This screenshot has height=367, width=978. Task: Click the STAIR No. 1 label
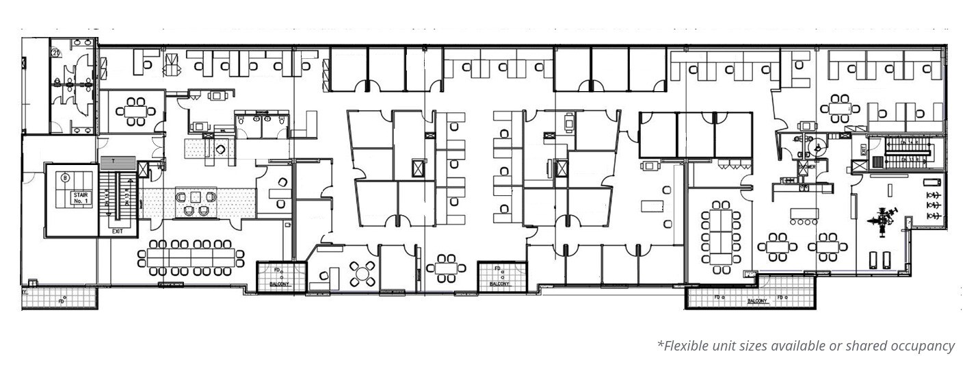[81, 198]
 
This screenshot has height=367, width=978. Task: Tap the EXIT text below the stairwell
[117, 232]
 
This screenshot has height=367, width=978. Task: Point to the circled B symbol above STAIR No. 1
[66, 178]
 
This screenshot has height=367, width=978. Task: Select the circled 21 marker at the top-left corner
[55, 51]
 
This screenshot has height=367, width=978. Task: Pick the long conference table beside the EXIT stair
[191, 257]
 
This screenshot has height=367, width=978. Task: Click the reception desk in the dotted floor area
[196, 203]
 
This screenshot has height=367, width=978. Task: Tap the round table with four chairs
[362, 274]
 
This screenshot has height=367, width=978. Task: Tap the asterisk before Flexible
[660, 344]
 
